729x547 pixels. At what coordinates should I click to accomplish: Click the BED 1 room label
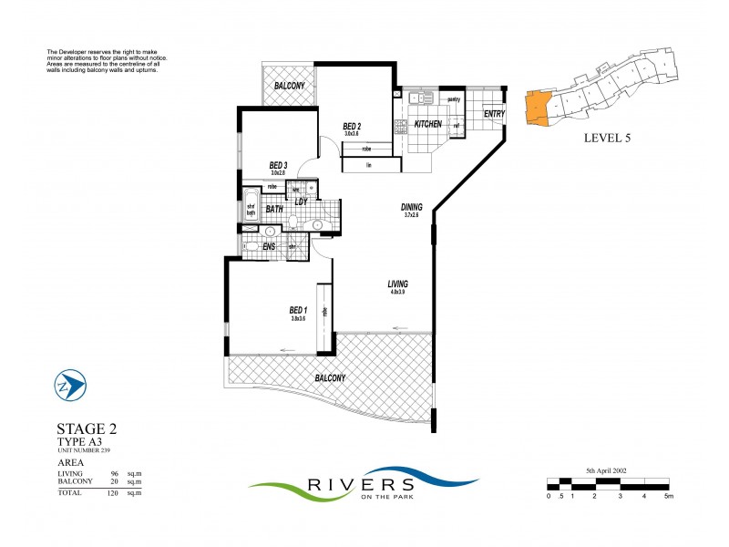[297, 310]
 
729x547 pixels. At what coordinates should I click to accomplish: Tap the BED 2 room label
[353, 126]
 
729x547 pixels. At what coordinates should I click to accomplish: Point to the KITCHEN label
[428, 123]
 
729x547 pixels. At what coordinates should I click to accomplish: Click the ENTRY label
[494, 114]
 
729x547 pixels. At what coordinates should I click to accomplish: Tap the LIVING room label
[396, 284]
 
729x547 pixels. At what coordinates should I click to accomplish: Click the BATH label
[274, 209]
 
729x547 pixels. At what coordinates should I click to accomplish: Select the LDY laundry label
[300, 201]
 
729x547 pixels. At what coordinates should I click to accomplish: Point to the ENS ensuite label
[270, 245]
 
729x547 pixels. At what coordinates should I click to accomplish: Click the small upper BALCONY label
[289, 87]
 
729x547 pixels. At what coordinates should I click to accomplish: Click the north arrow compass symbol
[70, 386]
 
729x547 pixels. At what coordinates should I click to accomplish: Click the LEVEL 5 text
[606, 139]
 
